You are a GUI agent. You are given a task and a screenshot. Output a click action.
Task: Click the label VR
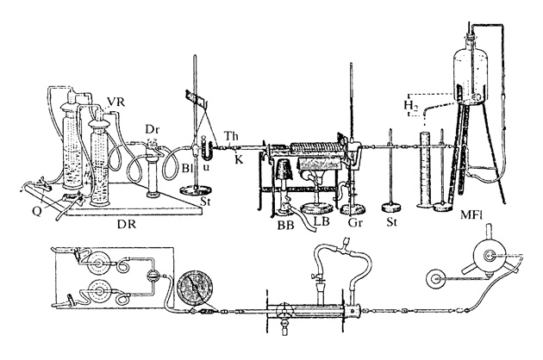(115, 102)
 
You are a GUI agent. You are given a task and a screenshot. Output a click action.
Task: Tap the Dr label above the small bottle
(152, 129)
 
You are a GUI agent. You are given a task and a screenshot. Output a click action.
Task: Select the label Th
(231, 136)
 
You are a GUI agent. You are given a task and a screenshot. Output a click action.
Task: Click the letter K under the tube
(240, 159)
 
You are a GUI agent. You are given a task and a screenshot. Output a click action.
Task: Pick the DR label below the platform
(127, 224)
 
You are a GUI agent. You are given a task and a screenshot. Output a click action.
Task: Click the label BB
(285, 225)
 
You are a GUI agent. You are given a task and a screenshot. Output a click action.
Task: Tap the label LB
(321, 221)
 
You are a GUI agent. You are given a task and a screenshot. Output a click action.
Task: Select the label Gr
(355, 222)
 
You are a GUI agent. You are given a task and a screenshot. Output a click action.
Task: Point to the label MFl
(471, 215)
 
